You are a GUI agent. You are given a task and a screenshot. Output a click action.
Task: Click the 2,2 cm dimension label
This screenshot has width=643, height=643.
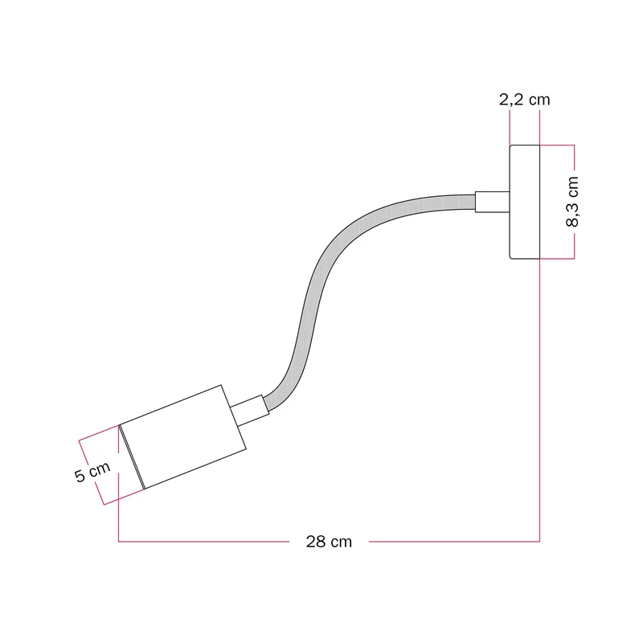[524, 100]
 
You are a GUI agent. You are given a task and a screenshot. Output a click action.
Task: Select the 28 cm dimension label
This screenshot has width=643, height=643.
[329, 542]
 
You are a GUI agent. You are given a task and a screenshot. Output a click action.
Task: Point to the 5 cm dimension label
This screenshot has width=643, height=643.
[92, 472]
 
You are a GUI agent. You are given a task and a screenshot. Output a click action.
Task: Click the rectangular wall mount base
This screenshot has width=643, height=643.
[525, 202]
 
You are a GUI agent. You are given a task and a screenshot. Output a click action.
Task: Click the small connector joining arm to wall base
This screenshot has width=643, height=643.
[492, 202]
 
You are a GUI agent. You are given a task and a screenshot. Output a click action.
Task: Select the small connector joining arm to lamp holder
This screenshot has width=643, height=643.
[250, 411]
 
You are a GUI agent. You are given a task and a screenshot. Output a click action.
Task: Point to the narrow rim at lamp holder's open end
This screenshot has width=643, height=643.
[132, 457]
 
